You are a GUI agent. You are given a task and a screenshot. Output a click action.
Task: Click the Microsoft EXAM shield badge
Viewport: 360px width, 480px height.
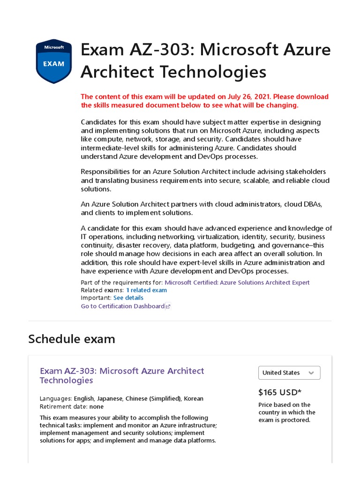tap(53, 61)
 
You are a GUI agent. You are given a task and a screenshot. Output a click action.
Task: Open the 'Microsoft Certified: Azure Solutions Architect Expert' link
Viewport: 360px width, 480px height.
tap(237, 282)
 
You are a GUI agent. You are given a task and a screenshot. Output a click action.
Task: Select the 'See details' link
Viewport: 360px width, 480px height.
tap(128, 298)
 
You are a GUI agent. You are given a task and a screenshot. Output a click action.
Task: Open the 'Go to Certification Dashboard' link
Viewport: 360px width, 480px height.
tap(122, 306)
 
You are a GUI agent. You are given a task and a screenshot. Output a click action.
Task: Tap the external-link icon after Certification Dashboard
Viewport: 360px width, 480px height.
tap(168, 307)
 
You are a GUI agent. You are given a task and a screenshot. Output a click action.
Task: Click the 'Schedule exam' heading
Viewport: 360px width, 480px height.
tap(71, 338)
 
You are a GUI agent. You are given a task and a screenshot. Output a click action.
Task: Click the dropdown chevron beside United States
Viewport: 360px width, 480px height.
tap(311, 373)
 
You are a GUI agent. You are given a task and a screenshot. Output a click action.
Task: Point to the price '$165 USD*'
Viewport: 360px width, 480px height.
tap(280, 392)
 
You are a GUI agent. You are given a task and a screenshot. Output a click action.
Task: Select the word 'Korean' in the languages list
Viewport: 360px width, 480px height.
tap(194, 398)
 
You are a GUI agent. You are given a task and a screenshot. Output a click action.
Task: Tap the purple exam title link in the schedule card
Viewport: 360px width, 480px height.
tap(122, 375)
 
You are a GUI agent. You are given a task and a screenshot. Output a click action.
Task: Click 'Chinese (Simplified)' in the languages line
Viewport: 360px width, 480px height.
tap(153, 398)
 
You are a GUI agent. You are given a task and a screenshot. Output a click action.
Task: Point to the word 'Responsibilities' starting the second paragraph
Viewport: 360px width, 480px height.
tap(104, 172)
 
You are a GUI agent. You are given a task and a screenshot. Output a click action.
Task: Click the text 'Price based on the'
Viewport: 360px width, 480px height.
tap(284, 405)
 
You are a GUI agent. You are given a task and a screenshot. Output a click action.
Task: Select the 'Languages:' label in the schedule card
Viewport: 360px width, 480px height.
tap(56, 398)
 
